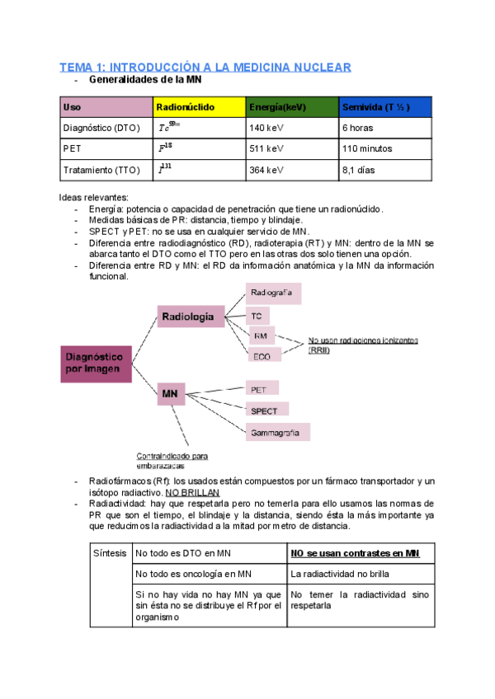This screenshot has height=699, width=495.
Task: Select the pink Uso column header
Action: click(x=106, y=107)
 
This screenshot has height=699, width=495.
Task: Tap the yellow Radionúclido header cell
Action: click(x=200, y=107)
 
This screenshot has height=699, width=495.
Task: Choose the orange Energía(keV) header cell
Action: click(x=292, y=107)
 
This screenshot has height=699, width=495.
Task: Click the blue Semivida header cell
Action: click(x=385, y=107)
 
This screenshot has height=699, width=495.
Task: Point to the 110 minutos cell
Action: click(x=385, y=149)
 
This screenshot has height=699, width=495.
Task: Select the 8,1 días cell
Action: click(x=385, y=171)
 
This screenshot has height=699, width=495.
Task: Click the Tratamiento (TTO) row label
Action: click(x=106, y=171)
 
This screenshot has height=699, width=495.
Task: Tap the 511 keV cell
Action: click(x=292, y=149)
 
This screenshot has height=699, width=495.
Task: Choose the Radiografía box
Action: click(x=273, y=293)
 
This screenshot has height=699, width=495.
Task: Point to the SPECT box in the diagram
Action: click(x=266, y=410)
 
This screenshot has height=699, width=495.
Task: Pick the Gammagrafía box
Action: click(x=277, y=432)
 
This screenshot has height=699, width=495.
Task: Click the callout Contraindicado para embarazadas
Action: click(x=172, y=460)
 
